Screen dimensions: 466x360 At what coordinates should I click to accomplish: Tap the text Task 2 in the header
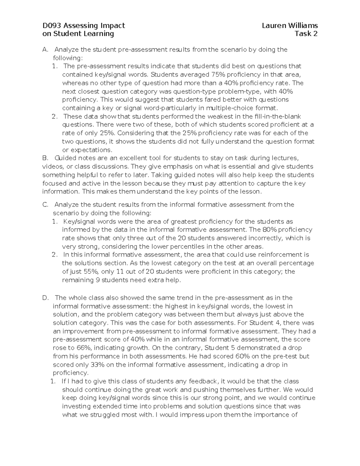coord(306,34)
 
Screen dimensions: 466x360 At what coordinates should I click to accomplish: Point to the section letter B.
coord(45,158)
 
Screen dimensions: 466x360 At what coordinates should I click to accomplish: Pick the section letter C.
coord(45,205)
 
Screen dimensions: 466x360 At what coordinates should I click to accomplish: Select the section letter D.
coord(45,298)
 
